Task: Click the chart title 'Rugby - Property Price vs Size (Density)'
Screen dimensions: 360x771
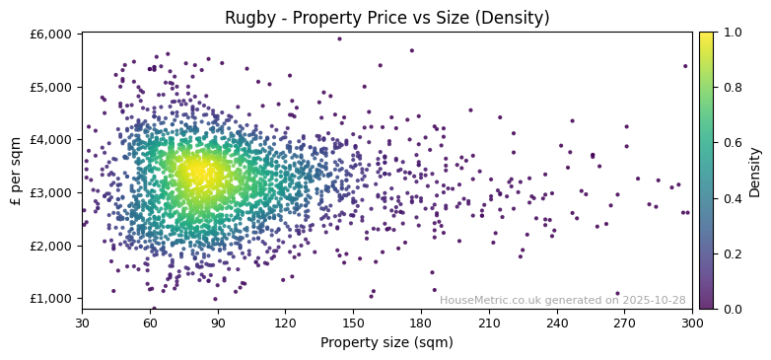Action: coord(386,18)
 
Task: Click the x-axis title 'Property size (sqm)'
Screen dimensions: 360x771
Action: coord(386,343)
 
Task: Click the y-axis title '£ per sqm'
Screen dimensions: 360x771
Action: coord(16,172)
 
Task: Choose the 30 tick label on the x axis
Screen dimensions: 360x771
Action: coord(82,323)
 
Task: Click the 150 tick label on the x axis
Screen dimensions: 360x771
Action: coord(353,323)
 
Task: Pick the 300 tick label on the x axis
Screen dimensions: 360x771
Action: coord(692,323)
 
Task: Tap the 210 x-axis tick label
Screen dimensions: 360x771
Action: coord(489,323)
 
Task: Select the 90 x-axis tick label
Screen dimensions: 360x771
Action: coord(218,323)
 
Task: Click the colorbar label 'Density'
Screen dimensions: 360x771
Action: coord(755,172)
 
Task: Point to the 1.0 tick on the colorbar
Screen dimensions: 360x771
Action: coord(730,33)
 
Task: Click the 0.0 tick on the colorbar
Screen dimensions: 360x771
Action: coord(730,309)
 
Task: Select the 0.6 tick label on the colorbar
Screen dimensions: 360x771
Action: coord(730,143)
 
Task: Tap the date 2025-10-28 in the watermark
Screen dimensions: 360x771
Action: coord(655,300)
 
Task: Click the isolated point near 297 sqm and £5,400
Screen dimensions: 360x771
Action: coord(685,66)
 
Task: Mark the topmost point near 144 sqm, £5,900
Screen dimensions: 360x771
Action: coord(339,39)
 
